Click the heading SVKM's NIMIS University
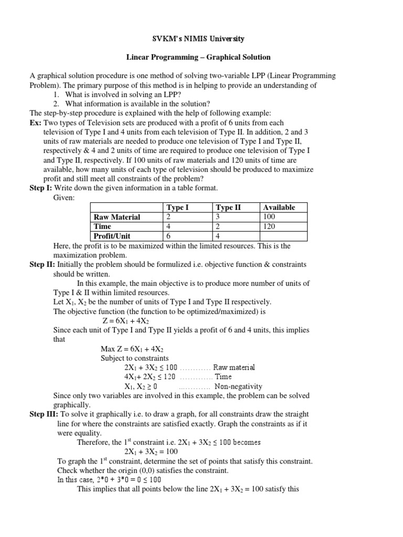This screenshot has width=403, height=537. click(x=201, y=38)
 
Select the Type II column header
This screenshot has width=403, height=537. click(x=228, y=207)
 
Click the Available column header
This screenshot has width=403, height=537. click(x=279, y=207)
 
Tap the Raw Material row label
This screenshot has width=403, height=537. click(x=116, y=217)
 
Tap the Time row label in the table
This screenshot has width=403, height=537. click(x=102, y=227)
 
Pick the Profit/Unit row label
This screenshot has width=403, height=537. click(x=112, y=236)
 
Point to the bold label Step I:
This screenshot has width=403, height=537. click(x=40, y=188)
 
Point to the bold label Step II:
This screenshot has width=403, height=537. click(x=41, y=264)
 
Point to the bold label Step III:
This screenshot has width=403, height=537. click(x=44, y=414)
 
